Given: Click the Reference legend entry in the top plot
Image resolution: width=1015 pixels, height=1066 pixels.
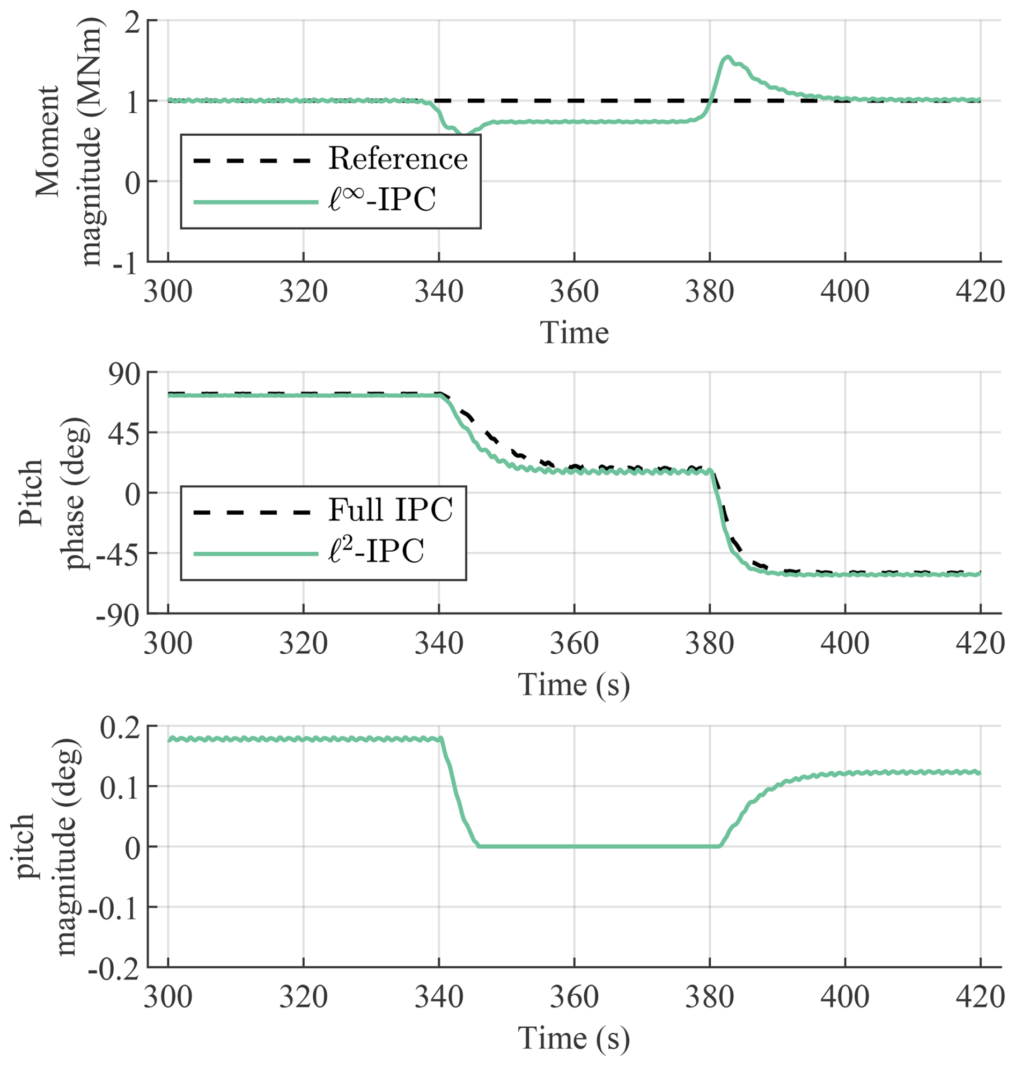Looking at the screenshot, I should [x=398, y=159].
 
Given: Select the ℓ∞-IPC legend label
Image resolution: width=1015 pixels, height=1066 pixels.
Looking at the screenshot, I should [x=382, y=201].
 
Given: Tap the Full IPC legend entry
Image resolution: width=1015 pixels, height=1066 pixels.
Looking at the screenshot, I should [x=390, y=510].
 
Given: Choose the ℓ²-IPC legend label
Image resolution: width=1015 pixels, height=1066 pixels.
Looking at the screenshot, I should [x=376, y=552].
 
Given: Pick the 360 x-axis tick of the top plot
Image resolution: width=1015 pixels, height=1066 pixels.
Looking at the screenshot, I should [x=574, y=293].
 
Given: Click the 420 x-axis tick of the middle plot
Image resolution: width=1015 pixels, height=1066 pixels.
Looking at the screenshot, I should [x=980, y=644].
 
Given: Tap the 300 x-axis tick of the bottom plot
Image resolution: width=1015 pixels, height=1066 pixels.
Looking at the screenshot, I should [x=168, y=997].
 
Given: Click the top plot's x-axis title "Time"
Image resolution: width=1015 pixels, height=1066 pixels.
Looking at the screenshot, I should [x=574, y=332].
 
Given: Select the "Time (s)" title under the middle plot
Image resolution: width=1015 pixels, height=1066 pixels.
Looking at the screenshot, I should [x=574, y=684].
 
